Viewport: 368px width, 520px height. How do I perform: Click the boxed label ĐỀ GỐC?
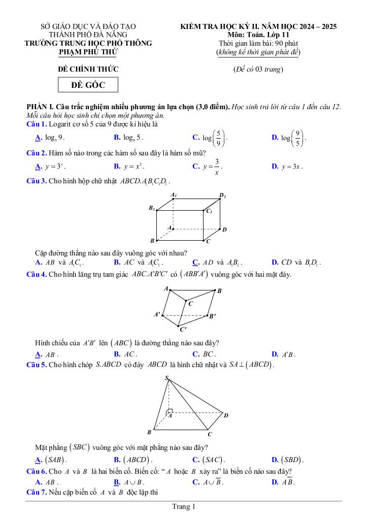88,85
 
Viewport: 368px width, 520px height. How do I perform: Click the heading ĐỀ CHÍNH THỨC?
88,69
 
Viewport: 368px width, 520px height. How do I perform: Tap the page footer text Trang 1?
184,506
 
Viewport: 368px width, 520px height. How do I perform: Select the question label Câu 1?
37,124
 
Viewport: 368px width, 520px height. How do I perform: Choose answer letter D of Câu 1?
275,137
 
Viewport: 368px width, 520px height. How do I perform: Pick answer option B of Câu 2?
117,166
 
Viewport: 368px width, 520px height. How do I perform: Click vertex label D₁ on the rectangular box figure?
222,195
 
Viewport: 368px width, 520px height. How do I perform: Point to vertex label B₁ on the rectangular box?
152,208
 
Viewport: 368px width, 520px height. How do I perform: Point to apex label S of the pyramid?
166,378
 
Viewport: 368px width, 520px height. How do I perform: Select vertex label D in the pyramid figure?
226,415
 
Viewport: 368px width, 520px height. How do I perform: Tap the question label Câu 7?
37,493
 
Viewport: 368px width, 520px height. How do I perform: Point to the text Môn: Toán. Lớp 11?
258,35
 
